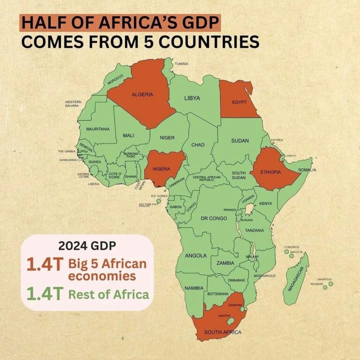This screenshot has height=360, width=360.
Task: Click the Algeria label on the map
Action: pyautogui.click(x=142, y=95)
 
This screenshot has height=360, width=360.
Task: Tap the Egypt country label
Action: pyautogui.click(x=240, y=102)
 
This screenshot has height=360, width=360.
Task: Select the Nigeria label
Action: pyautogui.click(x=162, y=168)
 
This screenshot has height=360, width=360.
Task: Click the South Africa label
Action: pyautogui.click(x=223, y=332)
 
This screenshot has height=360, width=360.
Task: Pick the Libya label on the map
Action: pyautogui.click(x=192, y=98)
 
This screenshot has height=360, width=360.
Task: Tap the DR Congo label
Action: pyautogui.click(x=214, y=218)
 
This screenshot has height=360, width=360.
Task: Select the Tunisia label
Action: pyautogui.click(x=181, y=64)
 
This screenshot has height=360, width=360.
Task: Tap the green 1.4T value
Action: pyautogui.click(x=44, y=294)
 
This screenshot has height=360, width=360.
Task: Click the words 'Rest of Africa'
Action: pyautogui.click(x=109, y=294)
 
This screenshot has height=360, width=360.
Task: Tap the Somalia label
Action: pyautogui.click(x=307, y=170)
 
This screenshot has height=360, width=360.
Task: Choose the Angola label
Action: pyautogui.click(x=195, y=256)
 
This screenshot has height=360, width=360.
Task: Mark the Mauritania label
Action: pyautogui.click(x=97, y=129)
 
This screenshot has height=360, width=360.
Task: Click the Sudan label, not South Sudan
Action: pyautogui.click(x=240, y=141)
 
